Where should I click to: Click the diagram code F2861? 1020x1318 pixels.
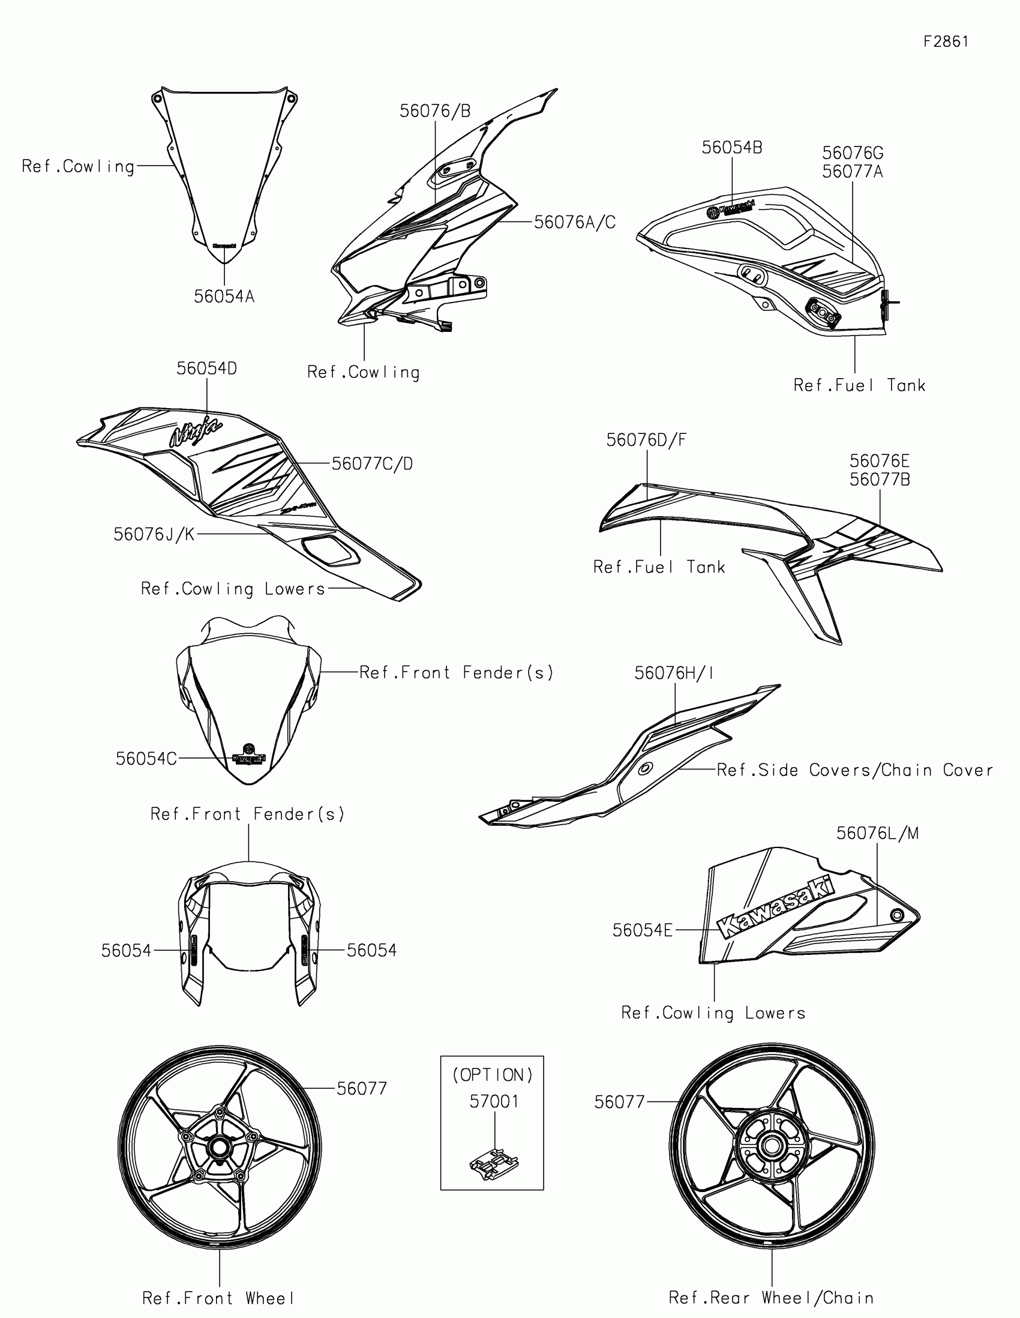point(946,41)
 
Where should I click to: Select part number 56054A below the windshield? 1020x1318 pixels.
point(224,296)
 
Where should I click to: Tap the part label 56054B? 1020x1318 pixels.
point(731,148)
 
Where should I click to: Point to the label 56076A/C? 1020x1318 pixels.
point(575,223)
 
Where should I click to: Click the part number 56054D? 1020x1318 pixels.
point(206,369)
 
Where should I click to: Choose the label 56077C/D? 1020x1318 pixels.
point(372,464)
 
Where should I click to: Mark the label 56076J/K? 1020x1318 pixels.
point(154,535)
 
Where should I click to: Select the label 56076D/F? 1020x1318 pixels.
point(646,441)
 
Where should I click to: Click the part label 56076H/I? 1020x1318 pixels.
point(674,673)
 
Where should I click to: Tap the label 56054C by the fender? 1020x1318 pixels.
point(146,759)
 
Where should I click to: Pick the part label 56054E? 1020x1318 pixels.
point(643,930)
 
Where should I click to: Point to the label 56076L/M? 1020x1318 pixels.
point(877,834)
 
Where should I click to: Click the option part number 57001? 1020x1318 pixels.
point(494,1102)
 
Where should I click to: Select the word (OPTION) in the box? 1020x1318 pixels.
point(493,1075)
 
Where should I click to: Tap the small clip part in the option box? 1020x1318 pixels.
point(494,1163)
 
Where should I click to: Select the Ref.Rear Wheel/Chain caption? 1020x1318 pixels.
point(771,1298)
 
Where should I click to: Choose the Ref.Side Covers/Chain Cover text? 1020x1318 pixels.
point(855,770)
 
